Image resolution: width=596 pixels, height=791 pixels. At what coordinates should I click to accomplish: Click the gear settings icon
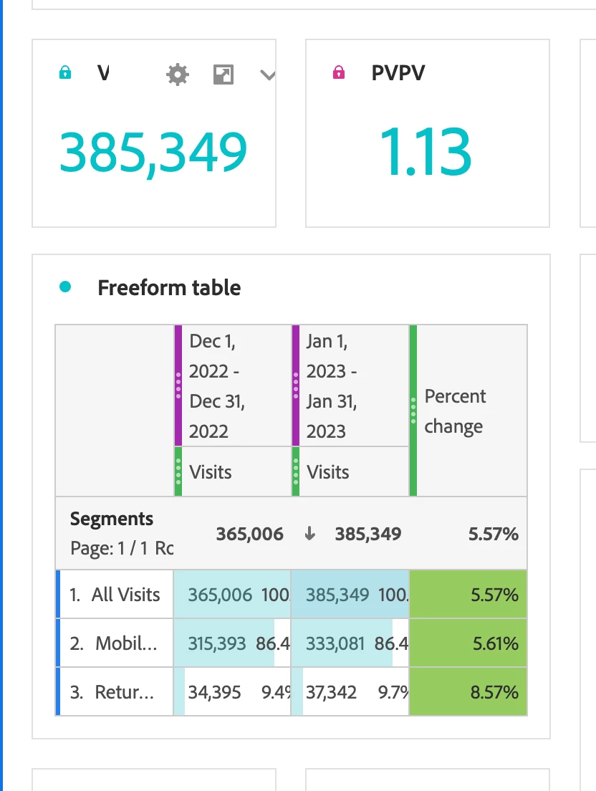click(178, 74)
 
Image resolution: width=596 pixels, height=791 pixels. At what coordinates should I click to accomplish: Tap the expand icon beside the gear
click(223, 74)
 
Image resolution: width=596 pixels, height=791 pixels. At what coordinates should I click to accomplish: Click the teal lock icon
click(65, 72)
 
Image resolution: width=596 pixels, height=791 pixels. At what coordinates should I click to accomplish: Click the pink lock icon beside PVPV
click(339, 72)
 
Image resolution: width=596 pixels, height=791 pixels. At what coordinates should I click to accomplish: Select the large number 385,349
click(153, 152)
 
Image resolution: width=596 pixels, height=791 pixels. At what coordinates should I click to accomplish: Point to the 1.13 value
click(426, 152)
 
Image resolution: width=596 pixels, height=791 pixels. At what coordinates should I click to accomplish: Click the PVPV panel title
click(398, 72)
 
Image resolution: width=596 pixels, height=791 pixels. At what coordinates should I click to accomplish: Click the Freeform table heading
click(169, 288)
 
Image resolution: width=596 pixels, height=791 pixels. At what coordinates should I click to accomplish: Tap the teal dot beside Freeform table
click(65, 287)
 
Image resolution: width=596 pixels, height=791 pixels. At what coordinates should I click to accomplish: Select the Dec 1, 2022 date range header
click(218, 385)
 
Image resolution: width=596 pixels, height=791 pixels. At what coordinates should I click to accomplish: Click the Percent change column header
click(455, 411)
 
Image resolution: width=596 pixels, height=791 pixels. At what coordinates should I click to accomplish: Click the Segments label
click(112, 519)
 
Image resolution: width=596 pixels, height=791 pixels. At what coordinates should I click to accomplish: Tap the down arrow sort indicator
click(310, 534)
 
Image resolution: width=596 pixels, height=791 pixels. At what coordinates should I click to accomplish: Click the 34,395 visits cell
click(214, 692)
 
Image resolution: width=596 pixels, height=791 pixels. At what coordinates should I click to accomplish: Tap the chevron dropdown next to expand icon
click(267, 75)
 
